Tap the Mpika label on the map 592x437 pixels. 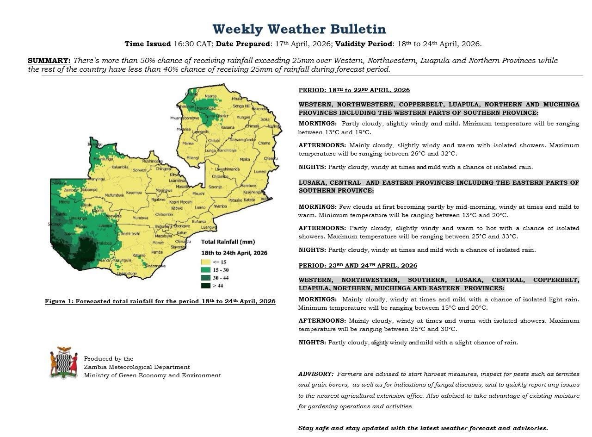tap(245, 159)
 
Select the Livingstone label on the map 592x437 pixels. tap(127, 274)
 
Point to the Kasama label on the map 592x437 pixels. tap(228, 127)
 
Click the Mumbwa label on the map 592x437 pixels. tap(140, 218)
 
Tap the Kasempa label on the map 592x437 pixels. tap(134, 193)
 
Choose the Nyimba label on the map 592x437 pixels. tap(221, 206)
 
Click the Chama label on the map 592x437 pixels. tap(264, 143)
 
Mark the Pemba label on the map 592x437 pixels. tap(157, 252)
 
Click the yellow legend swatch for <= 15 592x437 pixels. tap(205, 262)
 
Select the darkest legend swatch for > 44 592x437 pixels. tap(205, 286)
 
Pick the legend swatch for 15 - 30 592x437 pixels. tap(205, 270)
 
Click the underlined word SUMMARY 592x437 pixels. tap(49, 61)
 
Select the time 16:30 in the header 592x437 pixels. tap(181, 44)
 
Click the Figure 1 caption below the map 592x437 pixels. tap(160, 301)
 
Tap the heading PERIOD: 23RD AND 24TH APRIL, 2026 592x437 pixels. tap(358, 266)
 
